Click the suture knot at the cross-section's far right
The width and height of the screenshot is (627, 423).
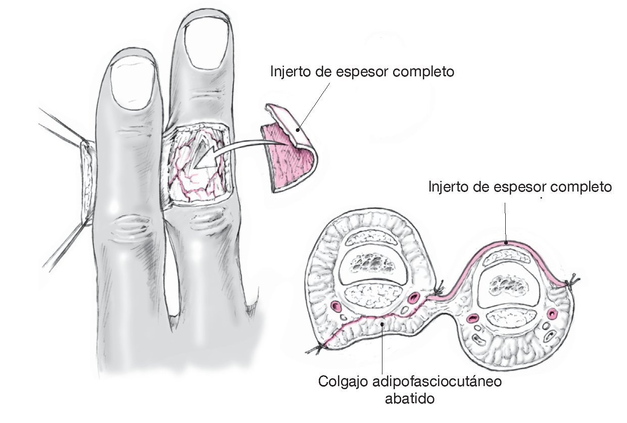[574, 279]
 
